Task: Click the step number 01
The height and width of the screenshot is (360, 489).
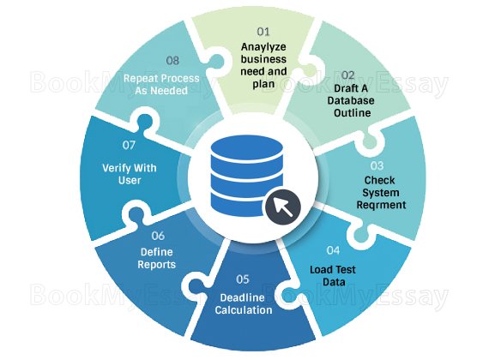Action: (x=263, y=32)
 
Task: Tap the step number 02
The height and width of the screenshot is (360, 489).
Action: (x=347, y=75)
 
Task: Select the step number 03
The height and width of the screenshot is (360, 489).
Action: (x=377, y=165)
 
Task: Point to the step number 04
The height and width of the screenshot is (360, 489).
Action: (x=333, y=250)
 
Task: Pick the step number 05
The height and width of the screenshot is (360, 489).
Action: (x=243, y=279)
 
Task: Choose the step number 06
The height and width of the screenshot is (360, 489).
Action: (x=158, y=236)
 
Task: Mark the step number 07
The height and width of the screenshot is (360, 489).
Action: (x=129, y=145)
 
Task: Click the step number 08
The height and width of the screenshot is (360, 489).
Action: (x=172, y=60)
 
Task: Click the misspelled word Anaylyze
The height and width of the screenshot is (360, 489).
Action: (x=263, y=47)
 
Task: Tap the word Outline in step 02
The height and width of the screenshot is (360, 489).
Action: (x=352, y=112)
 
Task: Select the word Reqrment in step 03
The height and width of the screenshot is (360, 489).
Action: (x=381, y=205)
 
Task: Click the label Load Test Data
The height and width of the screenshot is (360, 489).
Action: (x=333, y=276)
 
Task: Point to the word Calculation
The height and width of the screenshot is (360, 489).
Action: (x=244, y=309)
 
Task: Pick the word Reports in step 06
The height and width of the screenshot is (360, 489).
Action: (x=156, y=264)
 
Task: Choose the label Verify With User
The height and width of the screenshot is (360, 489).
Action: (x=130, y=174)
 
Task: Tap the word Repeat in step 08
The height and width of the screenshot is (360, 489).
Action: (x=138, y=78)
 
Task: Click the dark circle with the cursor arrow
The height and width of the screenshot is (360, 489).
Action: (x=283, y=206)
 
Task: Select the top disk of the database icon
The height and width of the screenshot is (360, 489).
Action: (x=247, y=148)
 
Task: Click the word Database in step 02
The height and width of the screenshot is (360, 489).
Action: (x=351, y=100)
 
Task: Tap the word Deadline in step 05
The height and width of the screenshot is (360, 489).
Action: (x=242, y=297)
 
